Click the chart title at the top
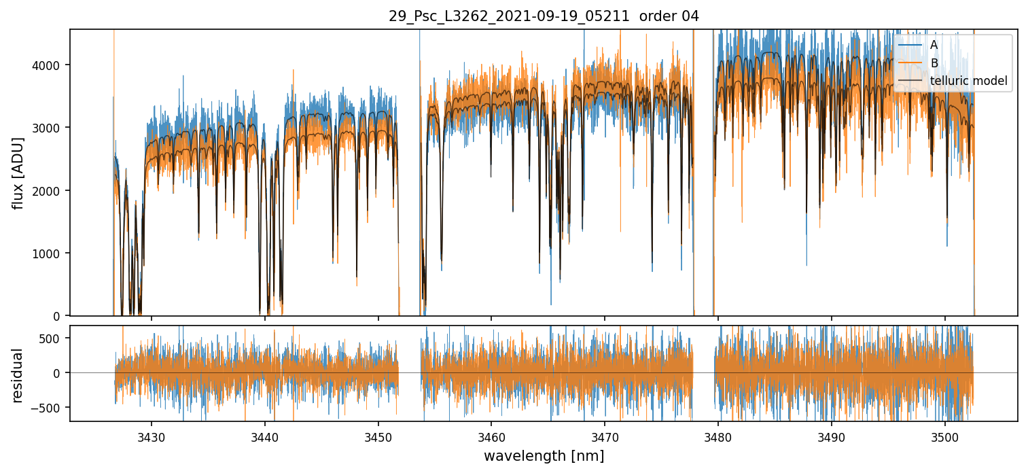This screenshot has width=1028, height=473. click(x=544, y=16)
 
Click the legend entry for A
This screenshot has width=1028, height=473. click(x=934, y=45)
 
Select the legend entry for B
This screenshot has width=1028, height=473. click(x=934, y=63)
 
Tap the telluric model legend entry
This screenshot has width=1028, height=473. click(x=968, y=82)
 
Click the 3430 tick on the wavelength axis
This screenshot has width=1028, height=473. click(x=152, y=434)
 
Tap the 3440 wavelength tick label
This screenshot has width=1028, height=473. click(x=265, y=434)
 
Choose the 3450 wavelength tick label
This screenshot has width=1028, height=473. click(x=378, y=434)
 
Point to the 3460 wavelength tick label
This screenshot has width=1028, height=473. click(x=491, y=434)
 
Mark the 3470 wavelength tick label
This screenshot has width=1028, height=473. click(x=605, y=434)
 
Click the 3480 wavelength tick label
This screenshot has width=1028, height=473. click(x=718, y=434)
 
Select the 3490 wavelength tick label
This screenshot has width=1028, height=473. click(x=832, y=434)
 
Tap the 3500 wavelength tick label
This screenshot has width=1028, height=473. click(x=945, y=434)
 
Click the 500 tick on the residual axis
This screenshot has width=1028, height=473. click(x=53, y=338)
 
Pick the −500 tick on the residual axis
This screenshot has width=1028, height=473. click(x=50, y=408)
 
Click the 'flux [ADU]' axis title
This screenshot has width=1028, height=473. click(x=18, y=173)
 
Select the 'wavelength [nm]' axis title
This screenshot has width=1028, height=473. click(x=544, y=456)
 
